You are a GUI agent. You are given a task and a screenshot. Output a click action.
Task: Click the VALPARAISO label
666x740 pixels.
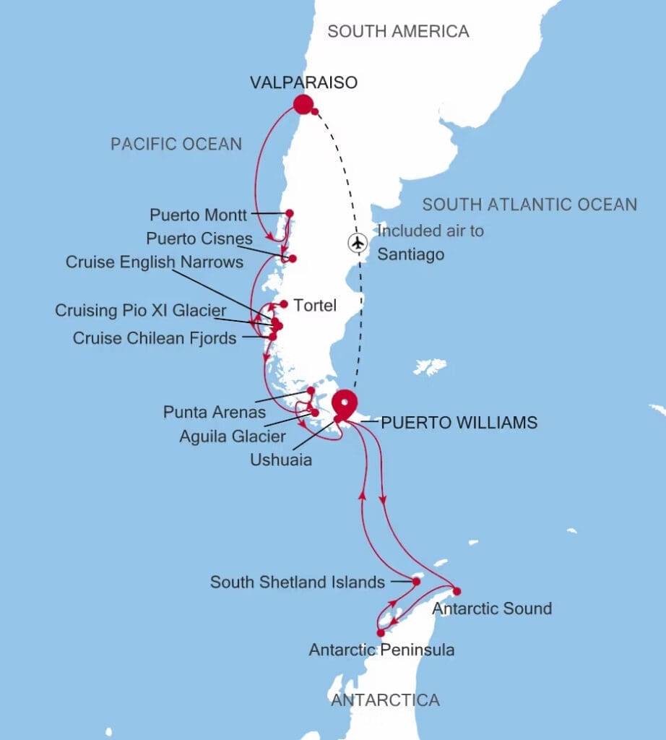(303, 82)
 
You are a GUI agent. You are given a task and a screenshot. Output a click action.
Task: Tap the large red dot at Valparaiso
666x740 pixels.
(303, 105)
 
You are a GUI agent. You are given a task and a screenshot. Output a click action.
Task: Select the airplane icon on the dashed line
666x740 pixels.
(357, 243)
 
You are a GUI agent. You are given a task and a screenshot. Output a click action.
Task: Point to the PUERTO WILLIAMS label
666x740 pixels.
(459, 423)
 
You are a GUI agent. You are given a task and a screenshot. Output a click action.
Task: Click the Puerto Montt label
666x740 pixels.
(199, 215)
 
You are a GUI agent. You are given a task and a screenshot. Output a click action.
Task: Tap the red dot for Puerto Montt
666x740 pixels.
(290, 213)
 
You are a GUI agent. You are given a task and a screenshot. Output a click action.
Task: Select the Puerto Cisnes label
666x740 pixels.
(199, 238)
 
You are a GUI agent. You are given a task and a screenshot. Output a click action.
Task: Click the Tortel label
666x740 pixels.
(316, 306)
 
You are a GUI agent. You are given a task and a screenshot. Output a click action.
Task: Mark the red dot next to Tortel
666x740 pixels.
(285, 304)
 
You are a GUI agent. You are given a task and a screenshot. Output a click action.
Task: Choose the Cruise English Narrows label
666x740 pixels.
(155, 262)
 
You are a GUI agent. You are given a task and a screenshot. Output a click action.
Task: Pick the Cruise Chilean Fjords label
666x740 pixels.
(155, 337)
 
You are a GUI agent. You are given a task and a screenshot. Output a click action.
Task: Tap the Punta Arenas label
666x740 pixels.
(215, 413)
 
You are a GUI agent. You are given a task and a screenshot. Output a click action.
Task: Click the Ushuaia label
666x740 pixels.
(281, 459)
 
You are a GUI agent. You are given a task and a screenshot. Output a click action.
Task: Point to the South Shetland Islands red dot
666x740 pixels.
(417, 581)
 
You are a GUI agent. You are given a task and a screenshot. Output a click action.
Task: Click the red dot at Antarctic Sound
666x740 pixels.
(457, 591)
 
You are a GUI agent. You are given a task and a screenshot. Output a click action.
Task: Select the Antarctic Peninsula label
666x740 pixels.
(381, 650)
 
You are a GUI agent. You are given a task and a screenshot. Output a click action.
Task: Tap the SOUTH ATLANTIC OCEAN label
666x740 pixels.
(529, 205)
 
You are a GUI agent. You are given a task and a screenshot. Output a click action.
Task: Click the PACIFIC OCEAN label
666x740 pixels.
(176, 144)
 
